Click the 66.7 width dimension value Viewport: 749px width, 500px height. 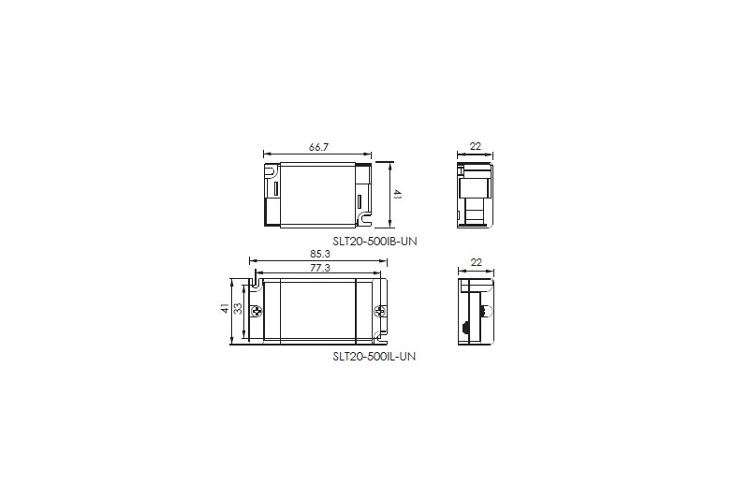(x=318, y=147)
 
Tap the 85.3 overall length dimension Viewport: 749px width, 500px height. (x=319, y=254)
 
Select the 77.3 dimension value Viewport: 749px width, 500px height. (x=320, y=268)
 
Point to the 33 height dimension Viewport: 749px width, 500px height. (x=238, y=309)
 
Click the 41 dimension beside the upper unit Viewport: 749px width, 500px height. (x=397, y=195)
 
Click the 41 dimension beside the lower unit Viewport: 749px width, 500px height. (x=225, y=308)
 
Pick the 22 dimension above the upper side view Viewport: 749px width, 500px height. (x=476, y=146)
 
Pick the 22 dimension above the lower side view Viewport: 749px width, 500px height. (x=477, y=262)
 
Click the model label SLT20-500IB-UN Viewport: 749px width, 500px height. (x=375, y=242)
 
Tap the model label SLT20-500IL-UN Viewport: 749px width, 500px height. (x=374, y=356)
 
